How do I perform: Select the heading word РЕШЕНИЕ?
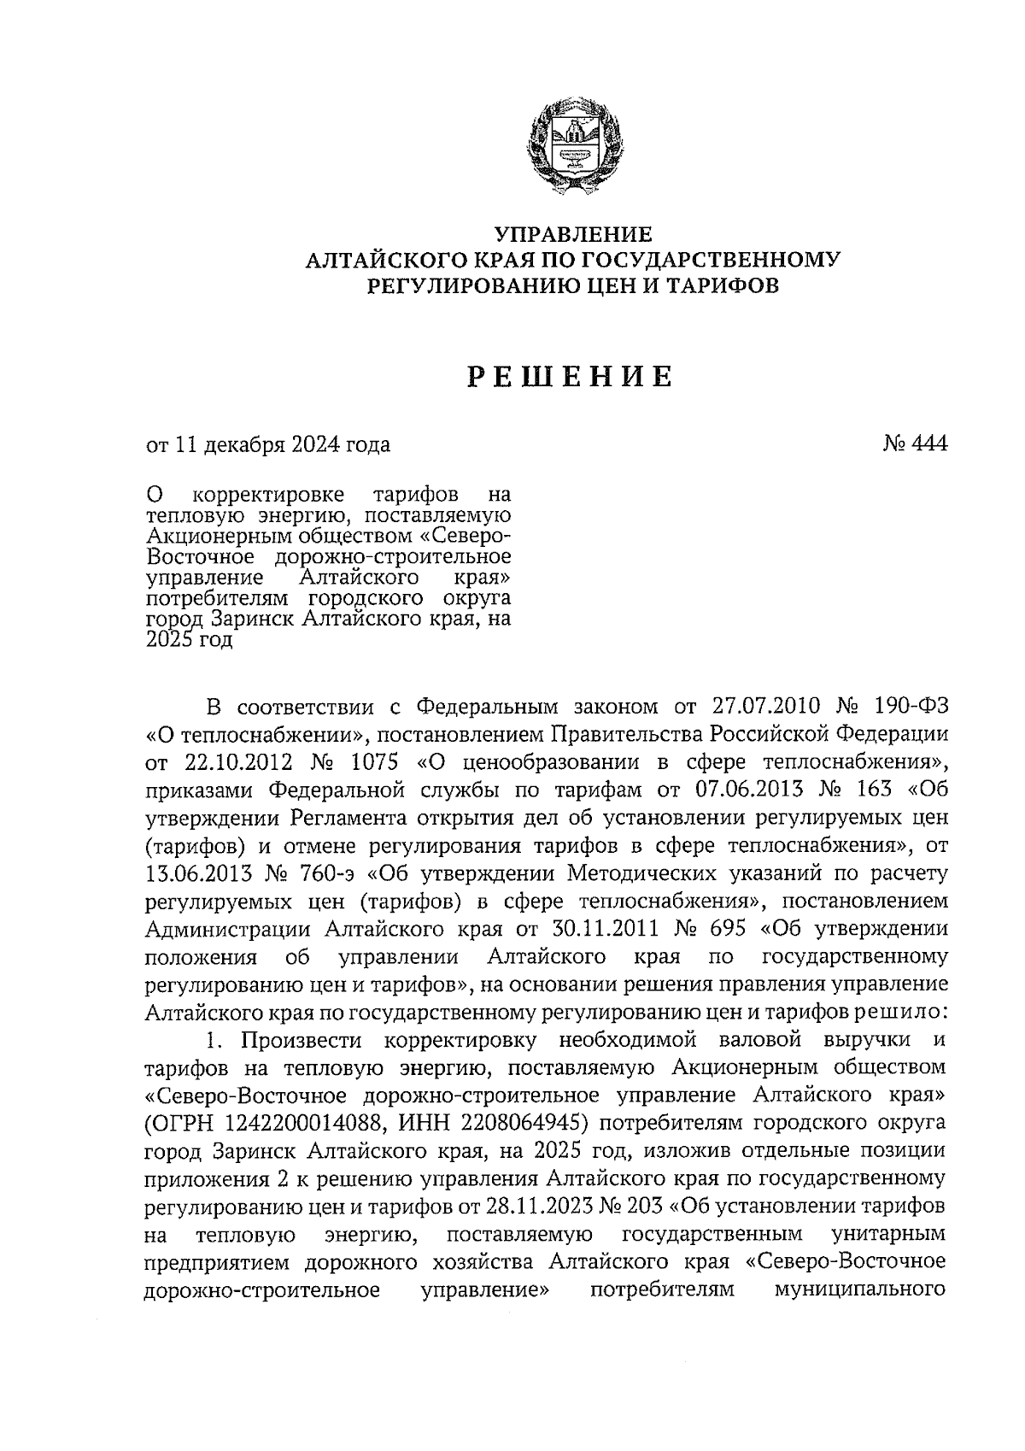(x=571, y=377)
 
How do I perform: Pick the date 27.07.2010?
(x=765, y=708)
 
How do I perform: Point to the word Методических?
(x=585, y=873)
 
